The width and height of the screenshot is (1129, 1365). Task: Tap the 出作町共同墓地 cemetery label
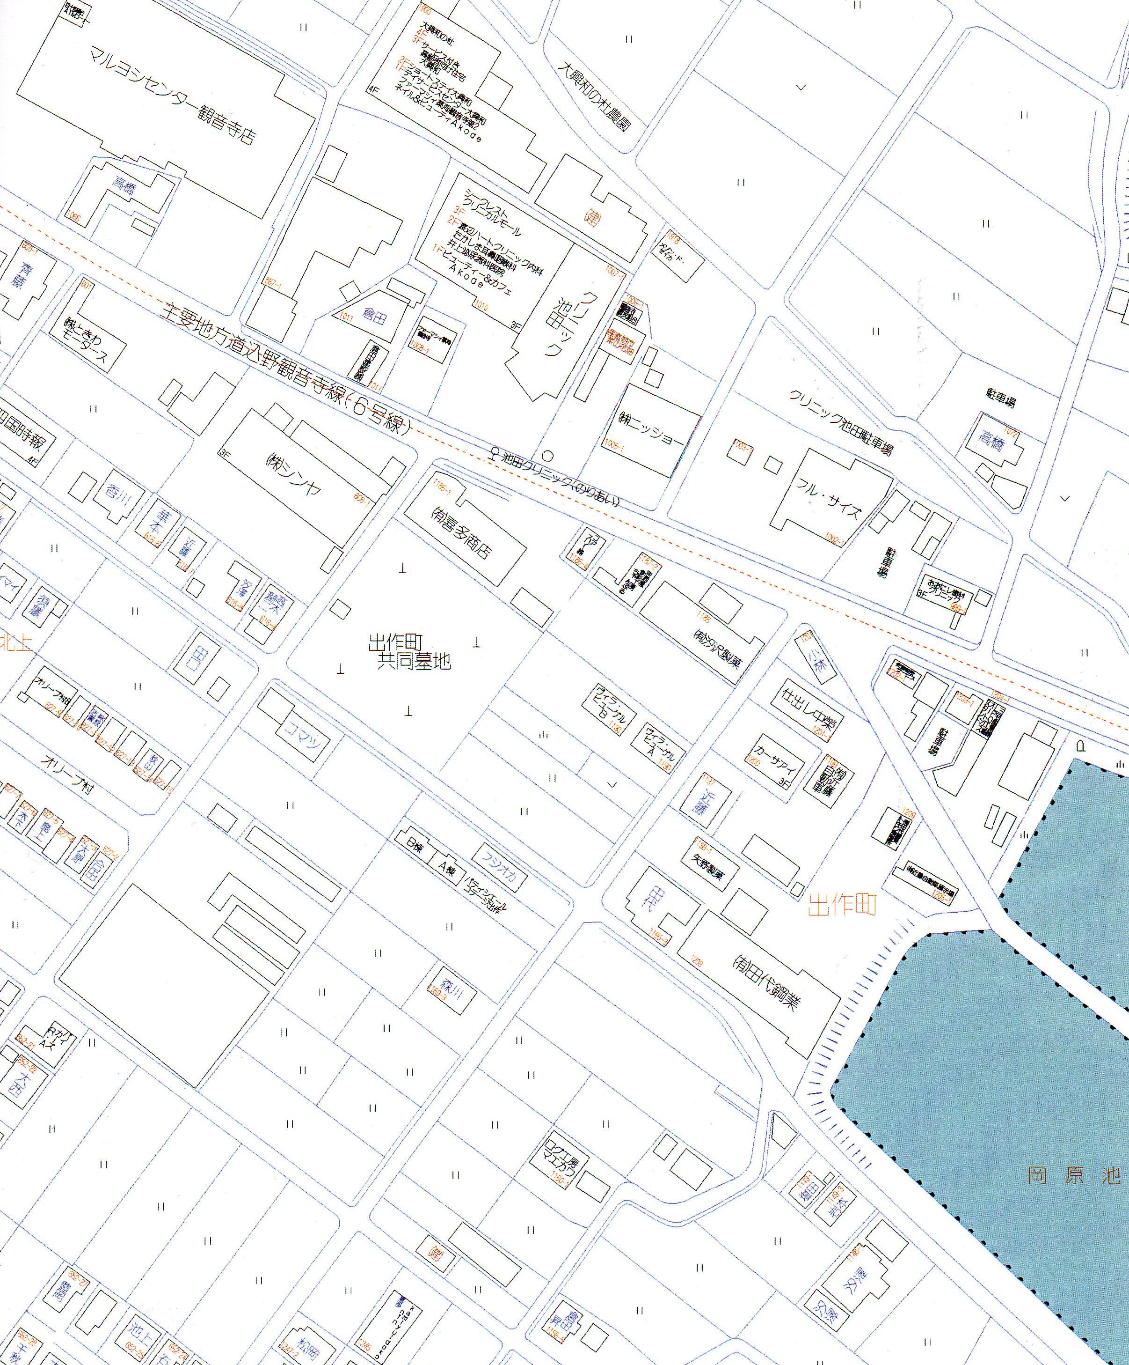tap(409, 653)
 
